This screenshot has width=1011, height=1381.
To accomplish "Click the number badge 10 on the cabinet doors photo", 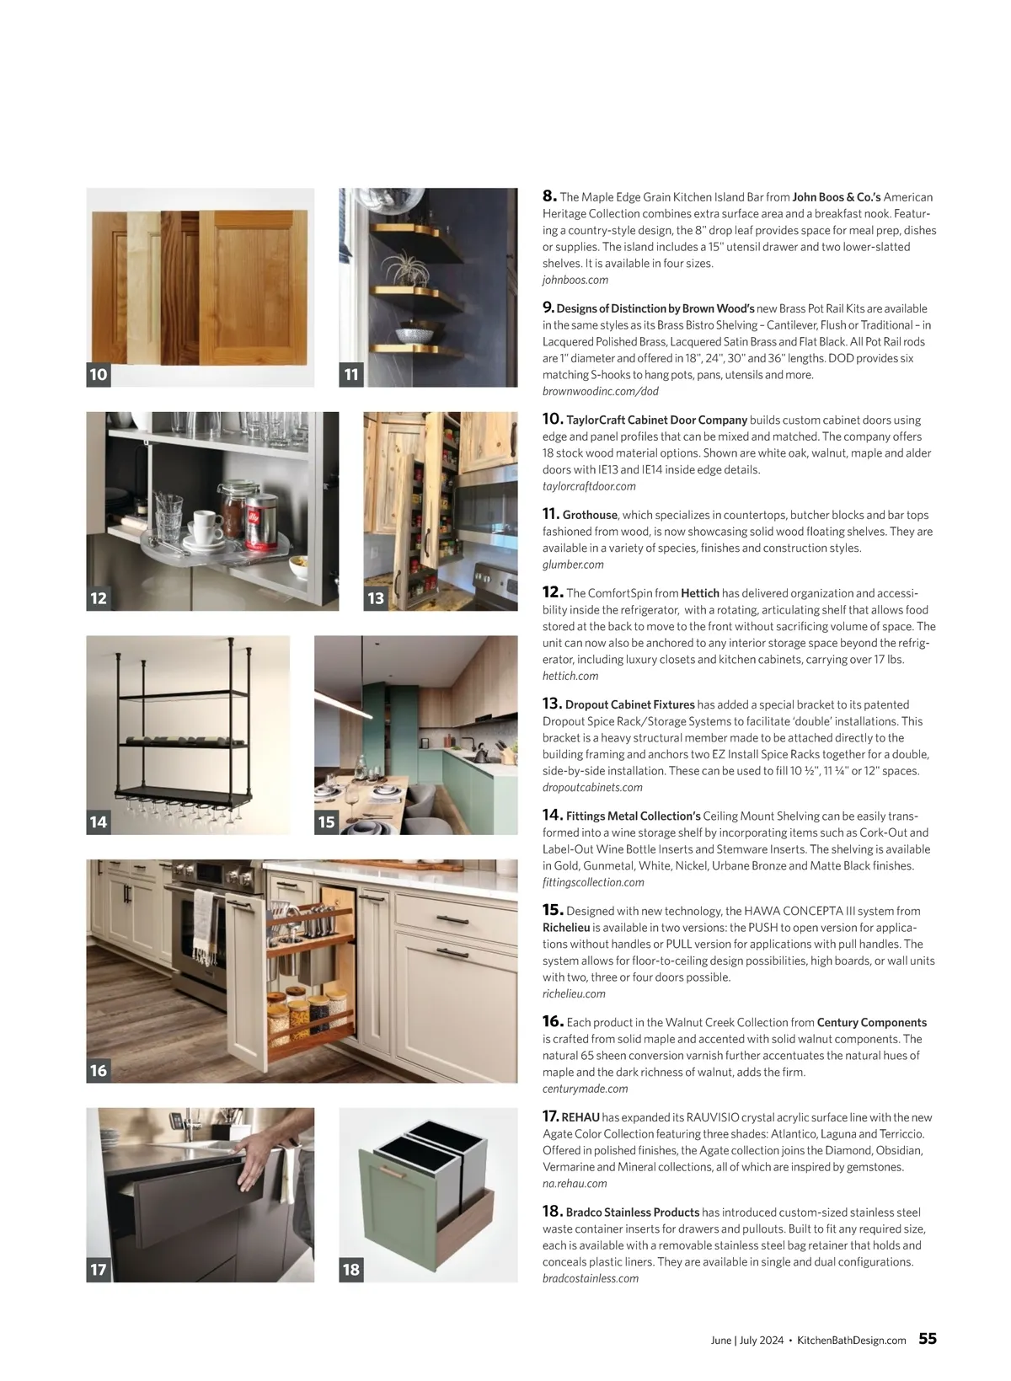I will click(99, 374).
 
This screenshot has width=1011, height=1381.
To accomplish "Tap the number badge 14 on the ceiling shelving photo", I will click(99, 822).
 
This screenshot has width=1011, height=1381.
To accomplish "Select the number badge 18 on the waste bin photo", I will click(351, 1269).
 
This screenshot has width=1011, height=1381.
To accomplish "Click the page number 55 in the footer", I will click(927, 1339).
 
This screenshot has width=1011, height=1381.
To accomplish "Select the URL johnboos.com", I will click(575, 280).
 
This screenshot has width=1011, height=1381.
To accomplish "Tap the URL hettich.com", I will click(570, 676).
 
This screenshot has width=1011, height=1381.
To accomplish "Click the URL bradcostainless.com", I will click(591, 1278).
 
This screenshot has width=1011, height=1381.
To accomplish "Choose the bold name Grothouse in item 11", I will click(590, 515).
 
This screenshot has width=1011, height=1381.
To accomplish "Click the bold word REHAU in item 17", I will click(580, 1117).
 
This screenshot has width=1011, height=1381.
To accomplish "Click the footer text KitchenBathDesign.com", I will click(852, 1341).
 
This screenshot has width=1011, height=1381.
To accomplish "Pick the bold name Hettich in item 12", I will click(699, 593).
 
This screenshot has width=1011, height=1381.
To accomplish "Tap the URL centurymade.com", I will click(585, 1089).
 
